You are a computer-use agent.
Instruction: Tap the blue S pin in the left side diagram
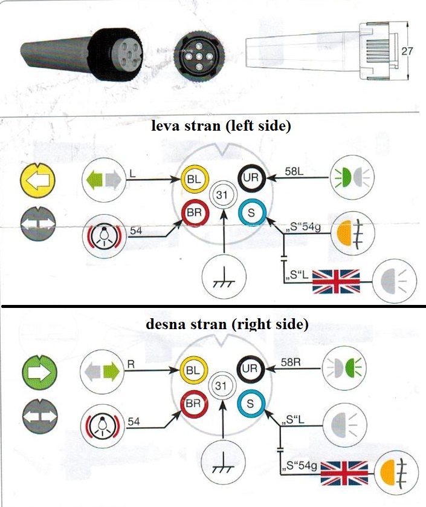(251, 213)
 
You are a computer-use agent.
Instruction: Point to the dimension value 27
(407, 51)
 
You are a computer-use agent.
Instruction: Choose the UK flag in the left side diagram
(336, 283)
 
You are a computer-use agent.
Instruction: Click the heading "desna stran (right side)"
(227, 325)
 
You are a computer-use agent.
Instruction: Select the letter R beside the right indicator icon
(130, 365)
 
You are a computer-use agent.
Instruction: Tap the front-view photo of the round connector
(198, 56)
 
